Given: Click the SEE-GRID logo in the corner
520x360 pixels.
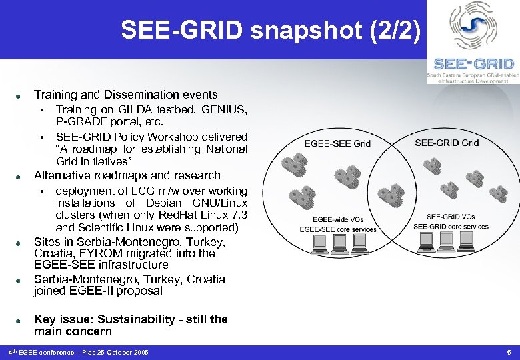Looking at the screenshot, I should [x=473, y=41].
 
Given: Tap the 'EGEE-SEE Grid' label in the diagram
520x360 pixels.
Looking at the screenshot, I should [x=337, y=143].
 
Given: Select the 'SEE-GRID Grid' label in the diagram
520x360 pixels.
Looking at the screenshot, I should [x=447, y=143].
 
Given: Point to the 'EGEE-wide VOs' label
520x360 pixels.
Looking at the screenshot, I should [x=338, y=219].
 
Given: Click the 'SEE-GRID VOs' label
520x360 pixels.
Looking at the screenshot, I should [x=451, y=217].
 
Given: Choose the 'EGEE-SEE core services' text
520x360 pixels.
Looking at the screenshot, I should [x=338, y=229].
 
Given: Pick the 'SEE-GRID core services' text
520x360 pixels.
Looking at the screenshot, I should [x=451, y=227].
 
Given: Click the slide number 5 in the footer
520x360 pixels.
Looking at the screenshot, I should [x=508, y=352].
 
